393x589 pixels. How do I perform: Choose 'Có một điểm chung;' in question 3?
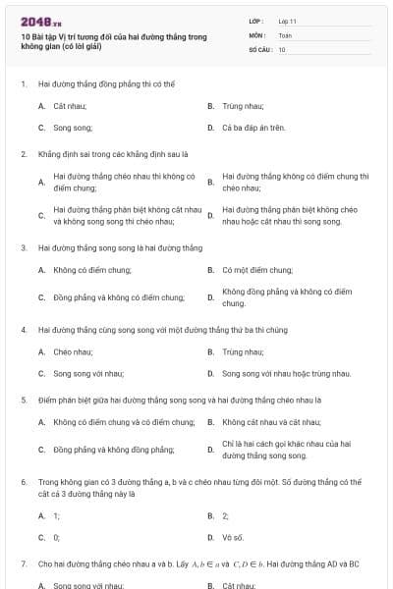[x=257, y=269]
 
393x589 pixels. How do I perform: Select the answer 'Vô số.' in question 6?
[x=233, y=537]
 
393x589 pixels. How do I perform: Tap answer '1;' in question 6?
[x=56, y=514]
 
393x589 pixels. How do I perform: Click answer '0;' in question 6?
[x=56, y=537]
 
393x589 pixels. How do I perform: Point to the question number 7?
[x=23, y=563]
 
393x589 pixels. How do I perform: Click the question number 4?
[x=23, y=329]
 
